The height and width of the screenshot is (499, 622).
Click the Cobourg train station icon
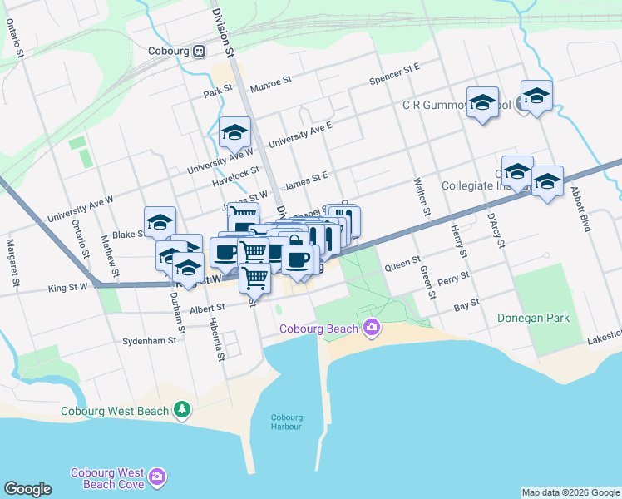(x=200, y=52)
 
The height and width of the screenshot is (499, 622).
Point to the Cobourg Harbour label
(x=287, y=422)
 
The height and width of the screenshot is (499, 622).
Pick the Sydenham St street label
(x=150, y=341)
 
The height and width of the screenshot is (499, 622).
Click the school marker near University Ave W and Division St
(x=235, y=132)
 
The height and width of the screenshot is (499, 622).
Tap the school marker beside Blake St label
(x=160, y=222)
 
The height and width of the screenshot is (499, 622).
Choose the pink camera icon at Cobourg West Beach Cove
(x=157, y=477)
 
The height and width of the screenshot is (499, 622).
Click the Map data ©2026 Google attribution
(x=570, y=492)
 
